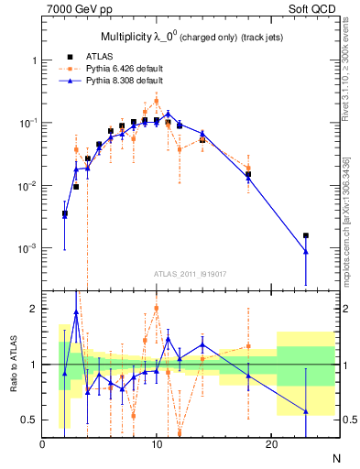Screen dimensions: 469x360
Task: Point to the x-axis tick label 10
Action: pos(157,444)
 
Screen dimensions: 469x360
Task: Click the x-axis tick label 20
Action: pos(271,444)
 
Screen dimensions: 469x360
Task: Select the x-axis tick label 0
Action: pos(43,444)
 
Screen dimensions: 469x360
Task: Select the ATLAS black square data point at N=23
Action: pos(306,235)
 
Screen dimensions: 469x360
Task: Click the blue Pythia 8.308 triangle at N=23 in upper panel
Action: pos(306,252)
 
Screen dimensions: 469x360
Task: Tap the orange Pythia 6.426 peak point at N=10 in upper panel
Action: pos(157,101)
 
